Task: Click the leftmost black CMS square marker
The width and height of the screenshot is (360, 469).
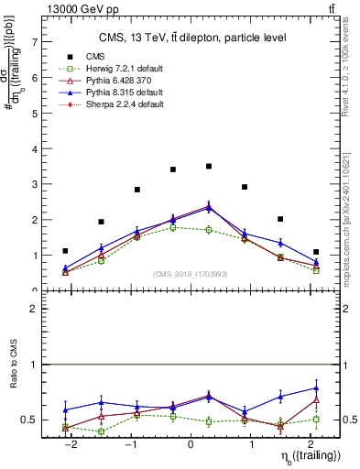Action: click(65, 250)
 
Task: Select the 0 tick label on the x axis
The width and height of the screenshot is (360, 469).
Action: click(191, 444)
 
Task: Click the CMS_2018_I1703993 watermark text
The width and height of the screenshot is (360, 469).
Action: click(191, 274)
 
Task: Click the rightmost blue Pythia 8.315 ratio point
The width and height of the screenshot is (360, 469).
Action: click(316, 387)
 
